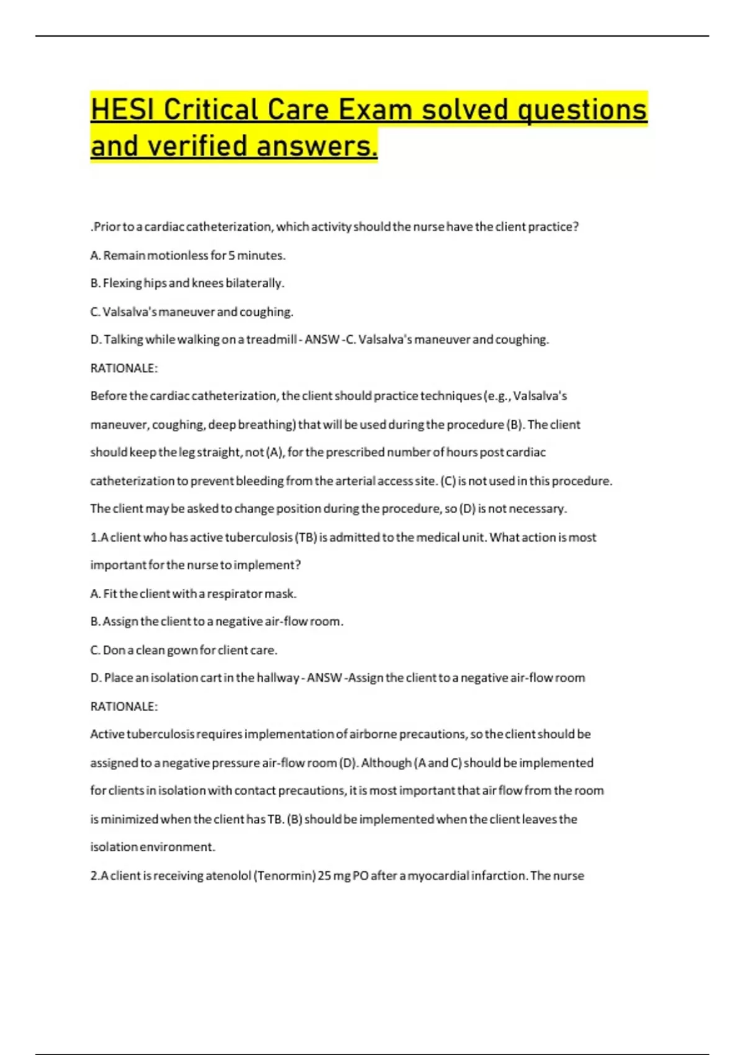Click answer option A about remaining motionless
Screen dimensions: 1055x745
coord(187,255)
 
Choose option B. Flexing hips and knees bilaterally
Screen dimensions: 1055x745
coord(187,283)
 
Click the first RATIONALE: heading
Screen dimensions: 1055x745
coord(124,368)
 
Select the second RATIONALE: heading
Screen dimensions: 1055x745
coord(124,706)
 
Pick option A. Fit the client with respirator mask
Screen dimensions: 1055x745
coord(193,593)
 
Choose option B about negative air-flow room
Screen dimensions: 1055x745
coord(217,621)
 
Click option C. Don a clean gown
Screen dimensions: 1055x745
coord(184,650)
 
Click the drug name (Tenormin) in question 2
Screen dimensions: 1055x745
coord(285,876)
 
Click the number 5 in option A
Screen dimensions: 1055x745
coord(232,255)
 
